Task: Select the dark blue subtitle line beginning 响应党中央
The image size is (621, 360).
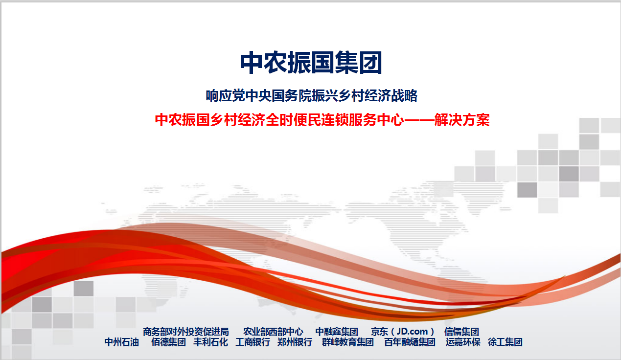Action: pos(311,95)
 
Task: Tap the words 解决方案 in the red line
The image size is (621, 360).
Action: pos(462,120)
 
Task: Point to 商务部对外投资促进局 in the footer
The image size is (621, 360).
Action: pos(186,332)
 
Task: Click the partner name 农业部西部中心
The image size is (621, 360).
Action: pos(273,332)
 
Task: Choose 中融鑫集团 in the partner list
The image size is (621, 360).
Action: pos(337,332)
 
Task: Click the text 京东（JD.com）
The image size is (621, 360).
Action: pos(402,332)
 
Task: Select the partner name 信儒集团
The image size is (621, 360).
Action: pos(461,332)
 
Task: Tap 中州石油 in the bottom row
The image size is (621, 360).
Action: pos(121,342)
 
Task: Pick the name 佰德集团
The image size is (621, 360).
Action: pos(168,342)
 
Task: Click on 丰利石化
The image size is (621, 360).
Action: pos(211,342)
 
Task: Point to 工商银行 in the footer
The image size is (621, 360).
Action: pos(253,342)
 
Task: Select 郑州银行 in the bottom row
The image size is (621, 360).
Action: pos(295,342)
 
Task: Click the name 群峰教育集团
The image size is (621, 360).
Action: pos(347,342)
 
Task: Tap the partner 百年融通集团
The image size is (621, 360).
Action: pos(410,342)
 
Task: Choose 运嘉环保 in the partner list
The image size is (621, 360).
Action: pos(463,342)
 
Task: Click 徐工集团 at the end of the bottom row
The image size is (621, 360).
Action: pos(505,342)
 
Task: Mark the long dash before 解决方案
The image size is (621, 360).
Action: pos(419,120)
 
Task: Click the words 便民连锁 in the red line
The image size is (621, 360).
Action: pos(321,120)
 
